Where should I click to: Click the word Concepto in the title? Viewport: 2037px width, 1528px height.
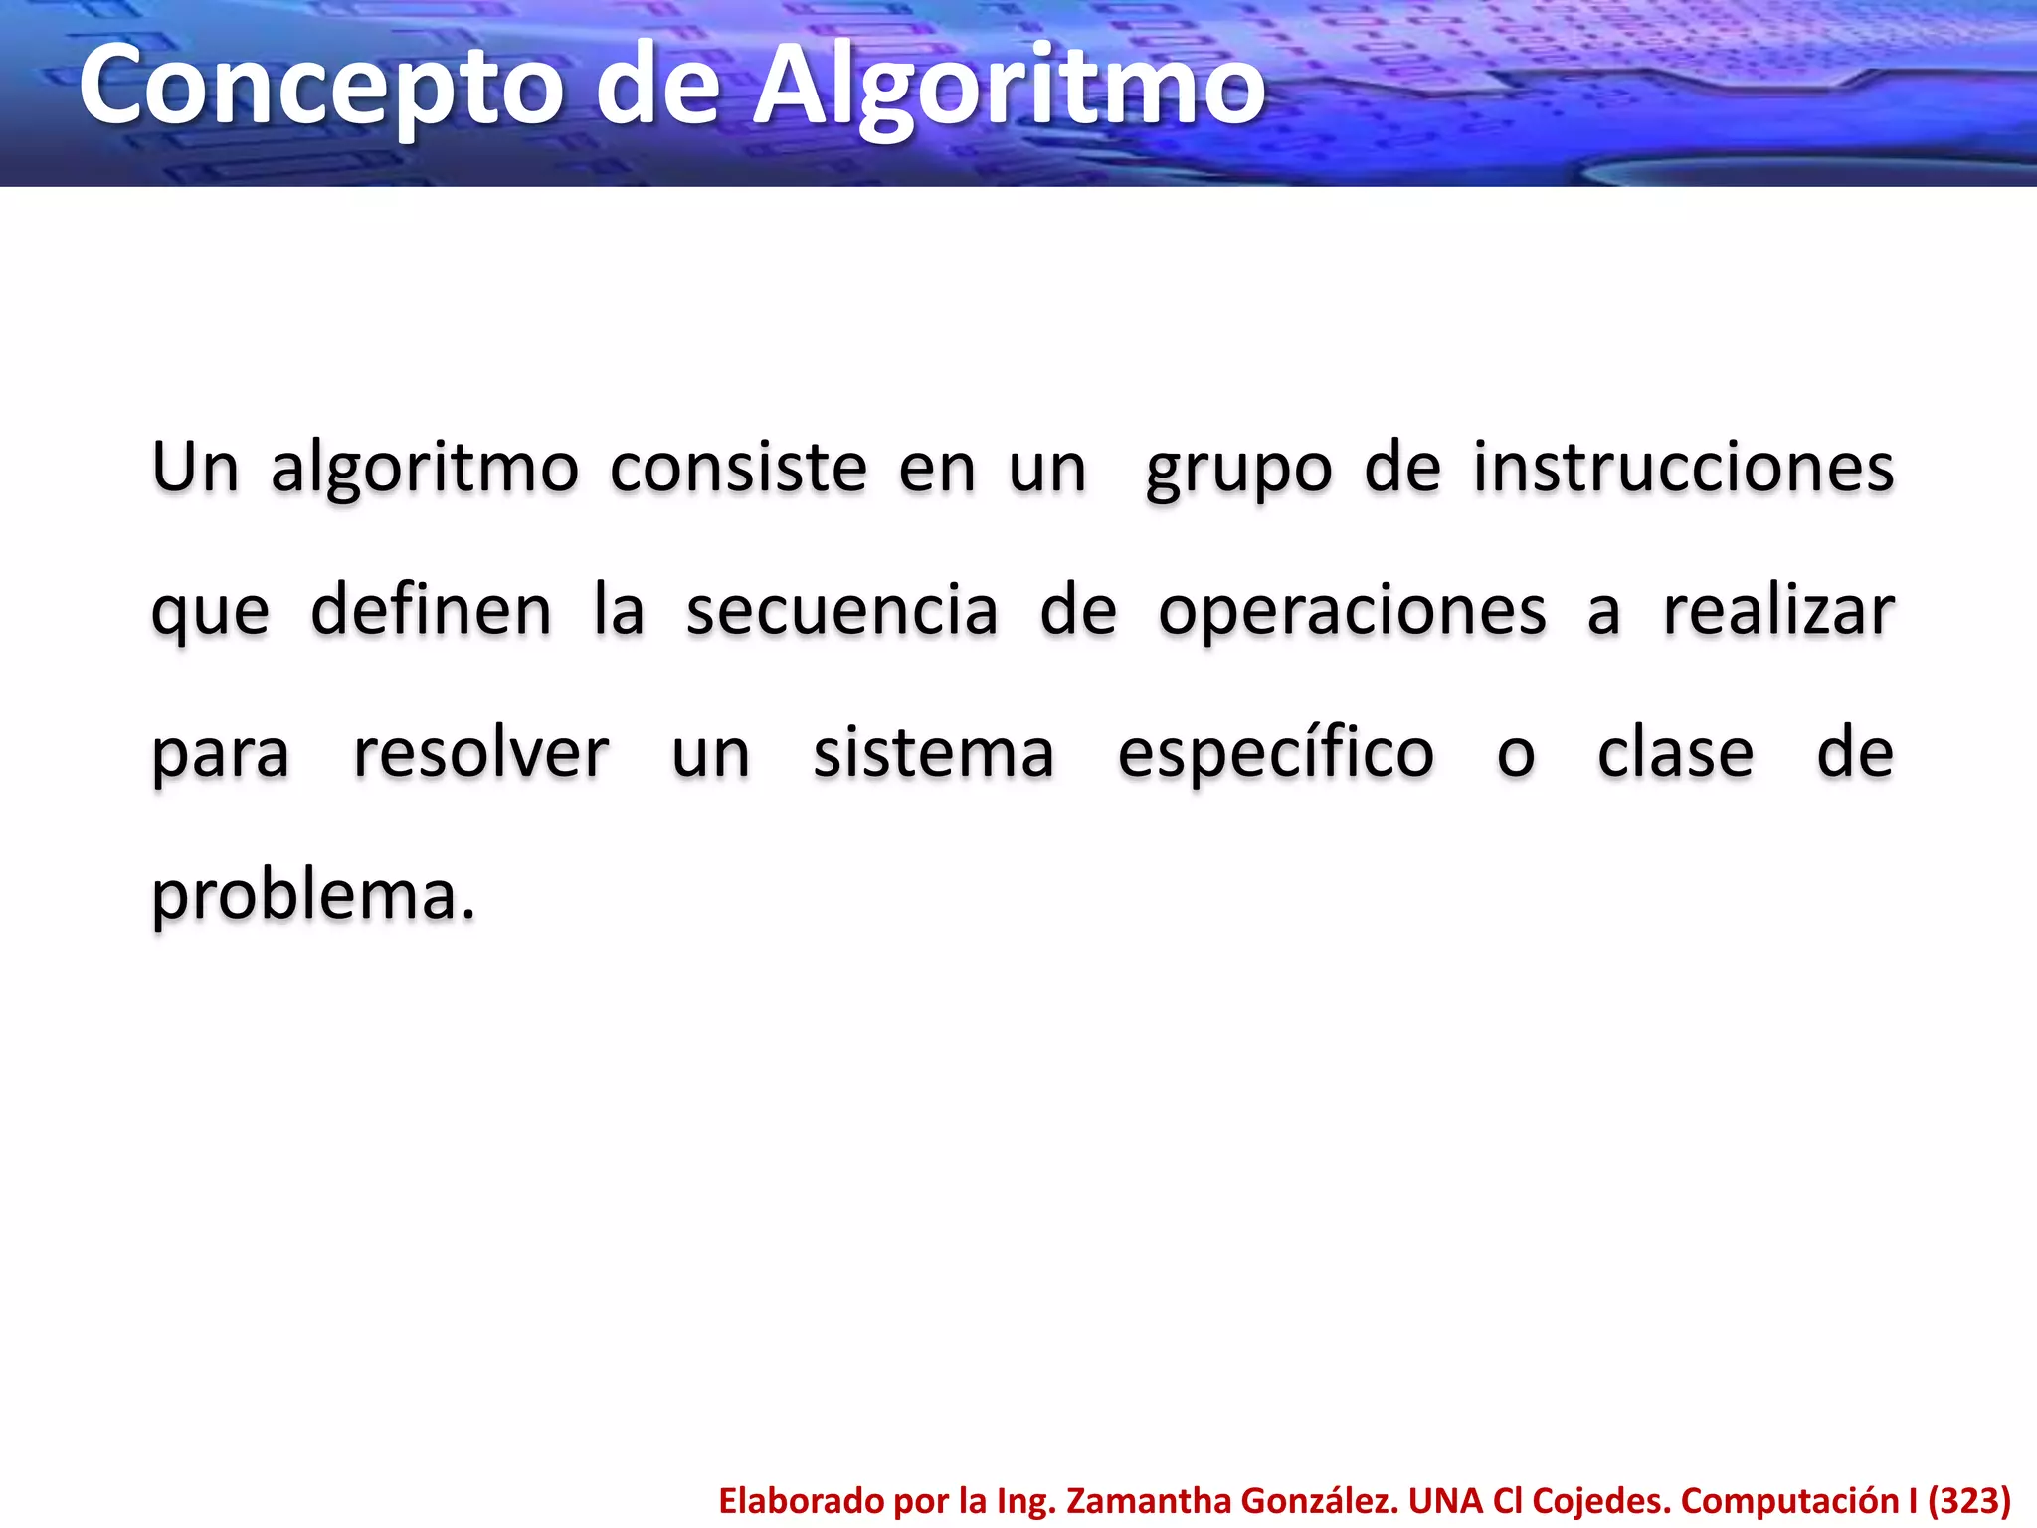(320, 88)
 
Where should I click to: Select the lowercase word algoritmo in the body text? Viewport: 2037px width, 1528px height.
(425, 469)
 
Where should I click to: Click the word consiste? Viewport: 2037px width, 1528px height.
(739, 469)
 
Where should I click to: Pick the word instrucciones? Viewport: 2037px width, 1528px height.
(1683, 469)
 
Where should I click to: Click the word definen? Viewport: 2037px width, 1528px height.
(431, 610)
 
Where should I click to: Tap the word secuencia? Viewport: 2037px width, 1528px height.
(841, 611)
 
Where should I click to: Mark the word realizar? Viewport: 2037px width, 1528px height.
(1779, 611)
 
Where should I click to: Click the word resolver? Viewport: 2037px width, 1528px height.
(481, 753)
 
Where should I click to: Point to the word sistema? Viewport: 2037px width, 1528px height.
(934, 753)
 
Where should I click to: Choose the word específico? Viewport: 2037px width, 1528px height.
(1276, 753)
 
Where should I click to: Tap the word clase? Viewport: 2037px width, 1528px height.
(1676, 753)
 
